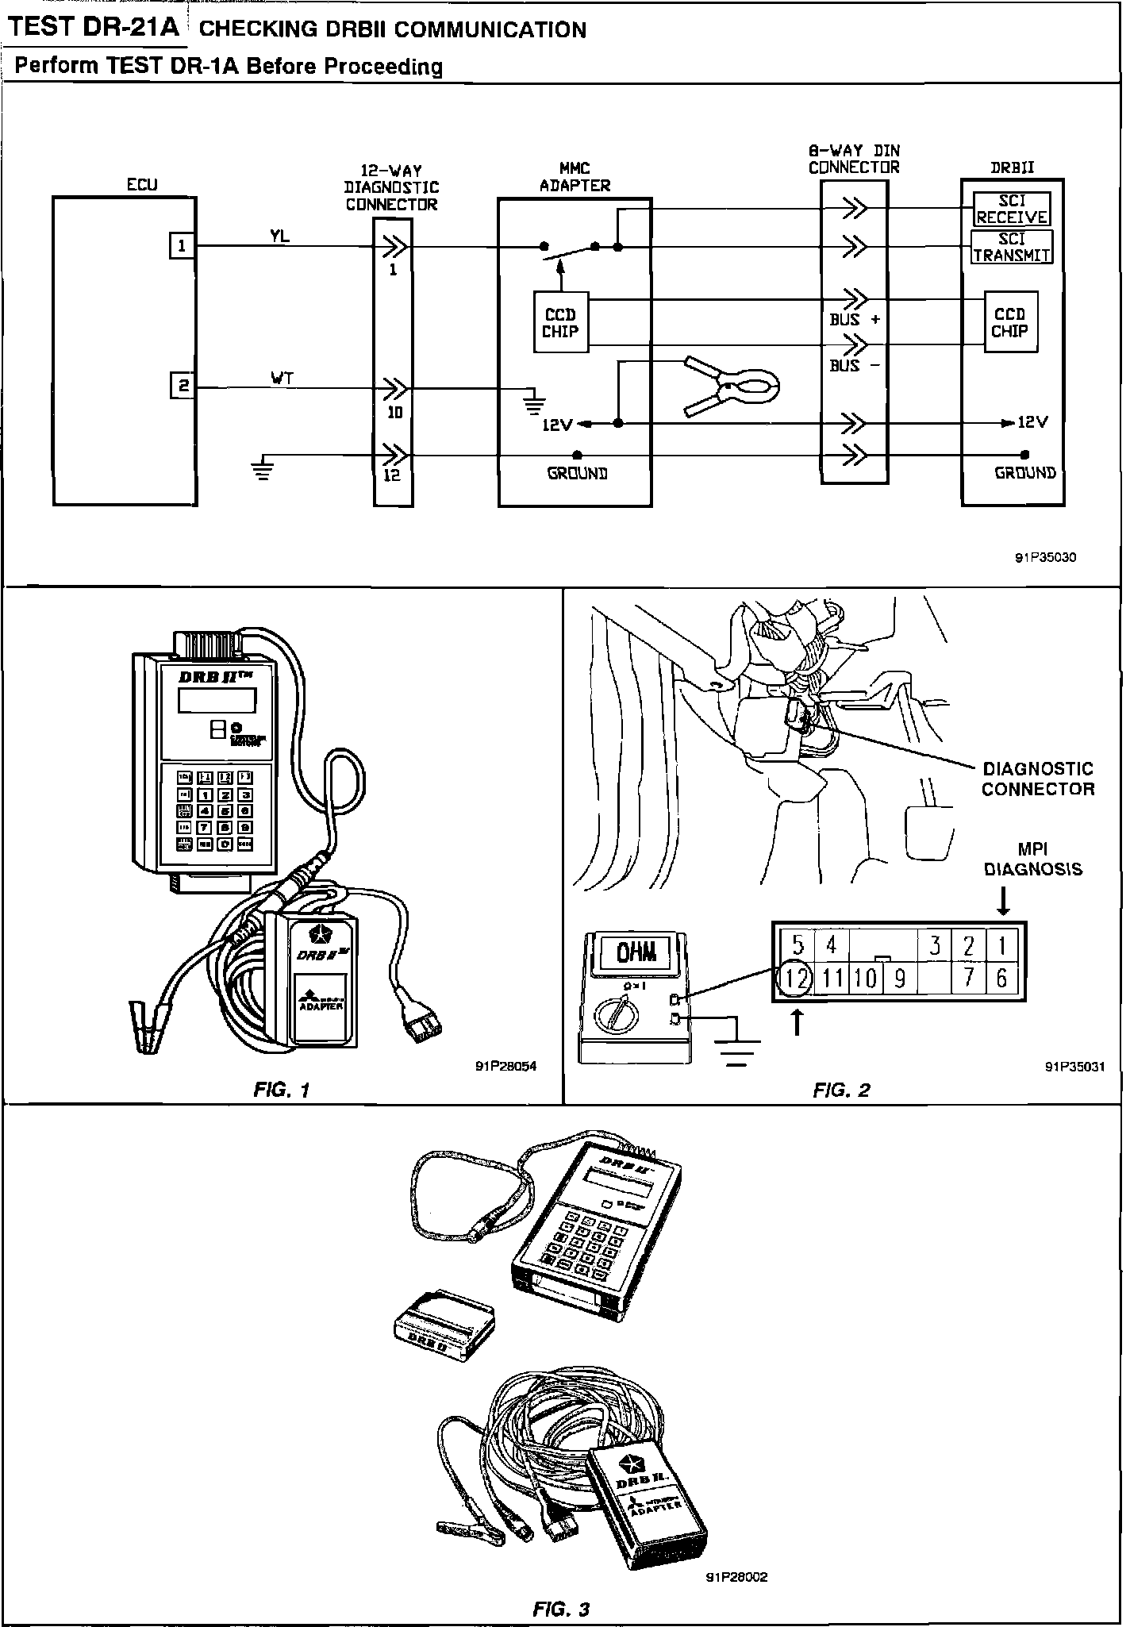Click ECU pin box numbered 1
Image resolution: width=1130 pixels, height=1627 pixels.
183,246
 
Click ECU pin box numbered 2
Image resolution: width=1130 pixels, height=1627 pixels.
183,387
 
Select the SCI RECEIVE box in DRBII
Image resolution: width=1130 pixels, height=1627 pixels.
1011,210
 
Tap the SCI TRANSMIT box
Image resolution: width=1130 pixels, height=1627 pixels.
1012,247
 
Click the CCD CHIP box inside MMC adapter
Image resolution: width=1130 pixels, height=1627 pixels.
560,323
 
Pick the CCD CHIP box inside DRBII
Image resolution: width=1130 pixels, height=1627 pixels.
1010,323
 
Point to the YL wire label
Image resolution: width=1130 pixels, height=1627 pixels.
279,236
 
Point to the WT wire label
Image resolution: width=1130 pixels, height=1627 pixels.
282,379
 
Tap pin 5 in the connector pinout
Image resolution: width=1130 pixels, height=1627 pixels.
798,944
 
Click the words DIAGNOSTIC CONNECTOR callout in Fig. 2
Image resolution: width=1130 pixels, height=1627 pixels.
1037,779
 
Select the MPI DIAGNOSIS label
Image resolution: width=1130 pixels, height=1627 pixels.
1032,860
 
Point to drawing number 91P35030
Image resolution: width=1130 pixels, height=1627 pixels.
1045,557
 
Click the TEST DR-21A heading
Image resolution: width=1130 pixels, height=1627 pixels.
95,28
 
